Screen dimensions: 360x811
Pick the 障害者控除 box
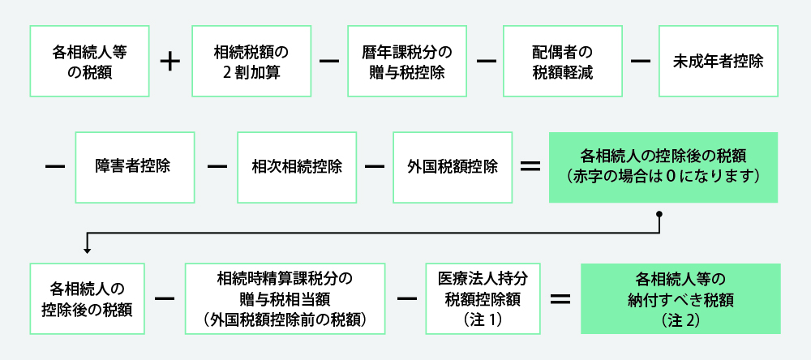134,167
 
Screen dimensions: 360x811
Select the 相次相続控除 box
297,167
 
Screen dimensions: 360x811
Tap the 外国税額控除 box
453,167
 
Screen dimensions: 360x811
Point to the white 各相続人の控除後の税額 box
87,298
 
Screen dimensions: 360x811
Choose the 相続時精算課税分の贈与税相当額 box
285,298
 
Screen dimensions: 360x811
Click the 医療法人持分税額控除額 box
483,298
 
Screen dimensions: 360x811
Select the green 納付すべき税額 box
680,298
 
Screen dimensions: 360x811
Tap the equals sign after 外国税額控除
530,167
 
